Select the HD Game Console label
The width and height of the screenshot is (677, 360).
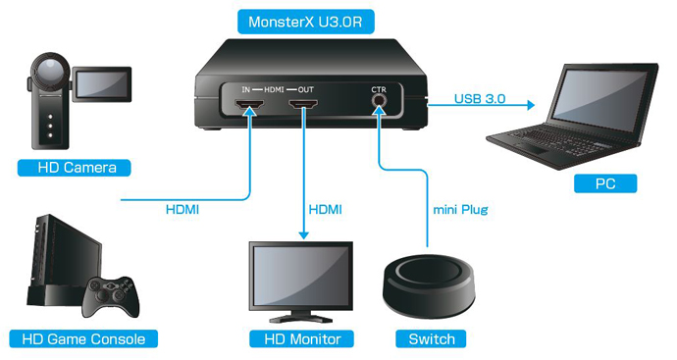pyautogui.click(x=83, y=339)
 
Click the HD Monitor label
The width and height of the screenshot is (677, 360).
pyautogui.click(x=301, y=339)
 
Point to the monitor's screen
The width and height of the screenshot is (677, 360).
pyautogui.click(x=300, y=275)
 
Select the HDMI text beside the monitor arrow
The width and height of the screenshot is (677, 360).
pyautogui.click(x=325, y=210)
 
